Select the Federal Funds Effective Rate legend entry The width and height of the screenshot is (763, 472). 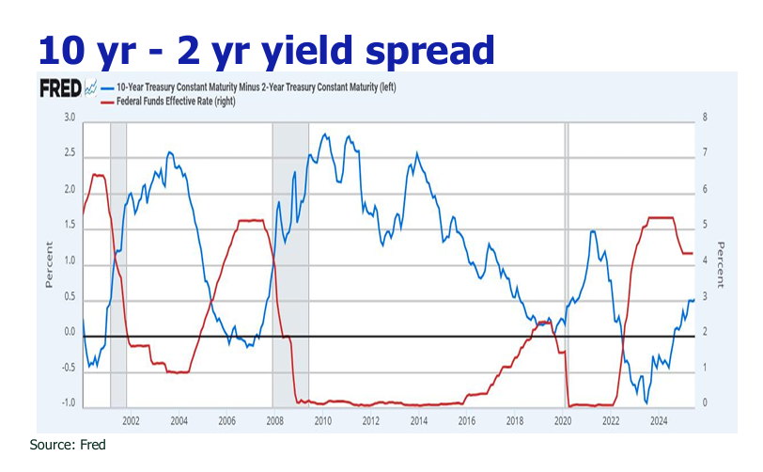click(x=175, y=101)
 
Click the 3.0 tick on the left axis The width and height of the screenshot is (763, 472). click(x=70, y=118)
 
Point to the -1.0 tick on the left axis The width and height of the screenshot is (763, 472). click(x=69, y=404)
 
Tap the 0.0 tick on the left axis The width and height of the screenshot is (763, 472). click(x=70, y=333)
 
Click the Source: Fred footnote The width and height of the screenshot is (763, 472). click(x=69, y=445)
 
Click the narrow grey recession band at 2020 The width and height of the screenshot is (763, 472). click(x=566, y=263)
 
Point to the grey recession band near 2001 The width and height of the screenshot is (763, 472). click(x=118, y=263)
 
